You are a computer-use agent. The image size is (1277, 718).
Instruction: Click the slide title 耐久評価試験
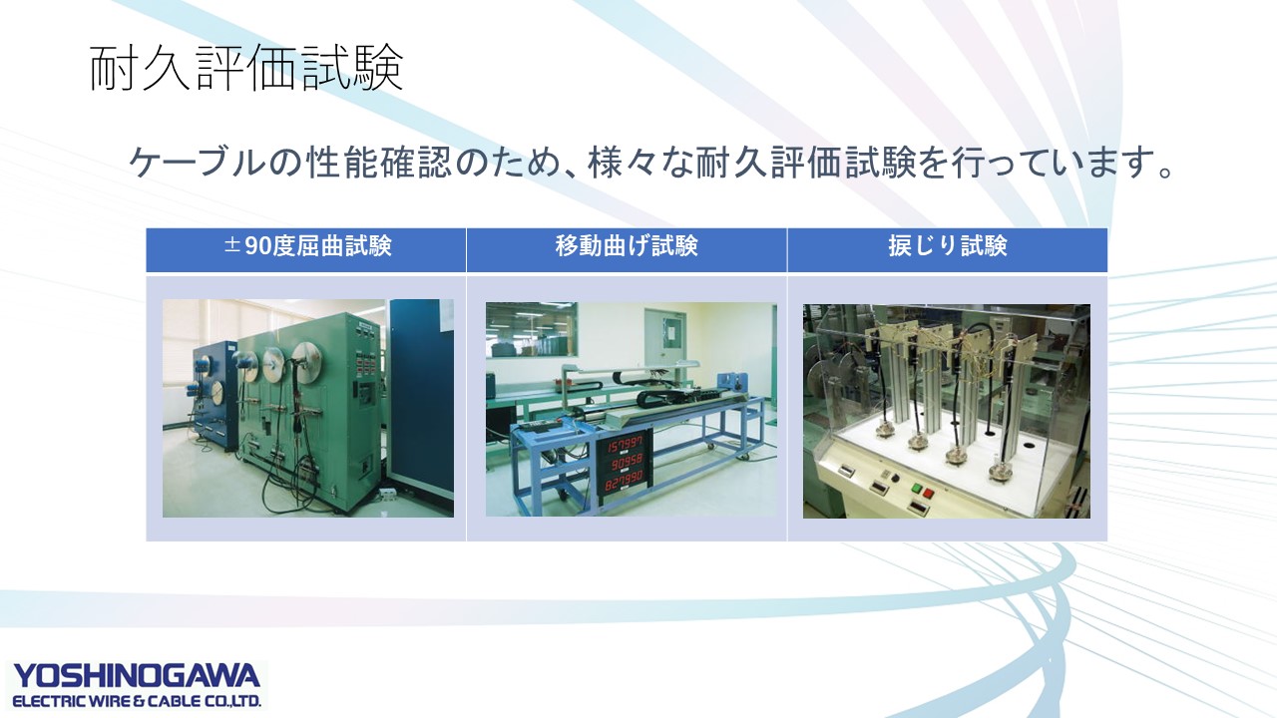(x=246, y=69)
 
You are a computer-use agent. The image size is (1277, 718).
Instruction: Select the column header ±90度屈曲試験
(x=308, y=246)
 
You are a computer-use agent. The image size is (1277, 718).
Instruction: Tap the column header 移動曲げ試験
(x=627, y=246)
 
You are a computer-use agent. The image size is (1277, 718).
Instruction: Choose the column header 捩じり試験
(x=948, y=246)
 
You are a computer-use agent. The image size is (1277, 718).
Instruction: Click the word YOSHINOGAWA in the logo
(x=137, y=676)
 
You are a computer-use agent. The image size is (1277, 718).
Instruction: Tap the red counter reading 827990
(x=624, y=482)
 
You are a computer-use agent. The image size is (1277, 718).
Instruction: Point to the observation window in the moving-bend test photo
(x=532, y=329)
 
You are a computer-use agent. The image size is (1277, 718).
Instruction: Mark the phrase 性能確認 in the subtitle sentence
(x=379, y=163)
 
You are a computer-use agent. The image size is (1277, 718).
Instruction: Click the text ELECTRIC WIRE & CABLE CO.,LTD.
(x=137, y=701)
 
